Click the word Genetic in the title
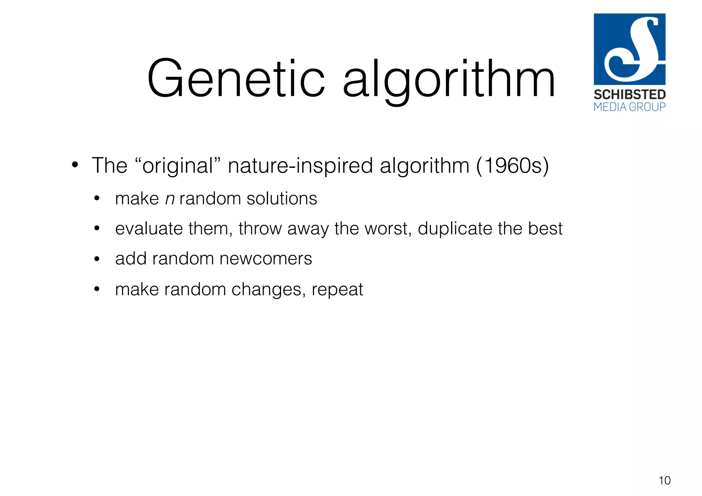tap(236, 79)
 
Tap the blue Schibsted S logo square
tap(629, 49)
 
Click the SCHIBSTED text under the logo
tap(629, 95)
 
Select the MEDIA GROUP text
tap(629, 107)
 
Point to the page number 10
tap(664, 481)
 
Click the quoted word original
tap(178, 166)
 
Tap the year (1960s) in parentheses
tap(512, 166)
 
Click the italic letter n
tap(170, 199)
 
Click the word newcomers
tap(266, 259)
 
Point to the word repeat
tap(337, 290)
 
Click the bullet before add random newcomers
tap(97, 259)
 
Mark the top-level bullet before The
tap(75, 165)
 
